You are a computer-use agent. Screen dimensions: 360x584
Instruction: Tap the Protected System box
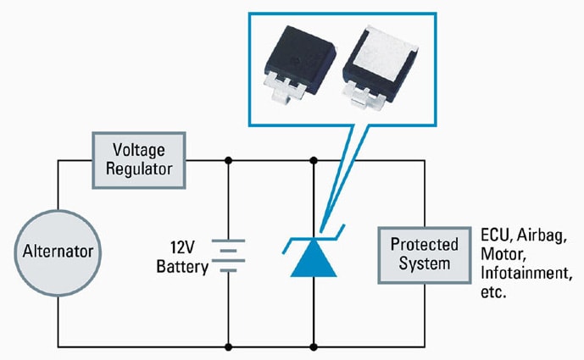click(x=425, y=253)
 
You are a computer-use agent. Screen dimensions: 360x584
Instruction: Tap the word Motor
click(x=501, y=255)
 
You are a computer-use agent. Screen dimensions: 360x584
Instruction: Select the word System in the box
click(x=425, y=263)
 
